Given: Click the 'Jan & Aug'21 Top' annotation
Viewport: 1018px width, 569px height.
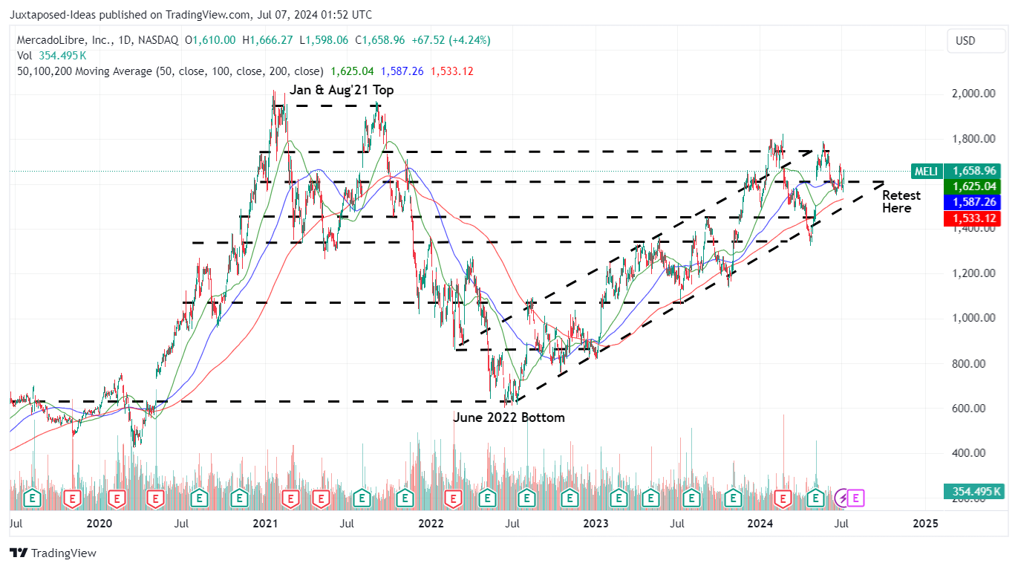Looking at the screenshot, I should pyautogui.click(x=342, y=90).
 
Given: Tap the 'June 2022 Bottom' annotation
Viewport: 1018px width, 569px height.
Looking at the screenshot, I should pyautogui.click(x=509, y=417).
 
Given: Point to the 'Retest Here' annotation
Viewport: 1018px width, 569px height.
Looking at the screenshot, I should pyautogui.click(x=901, y=202).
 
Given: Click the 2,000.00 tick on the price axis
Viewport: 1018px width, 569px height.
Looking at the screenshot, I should pyautogui.click(x=973, y=94).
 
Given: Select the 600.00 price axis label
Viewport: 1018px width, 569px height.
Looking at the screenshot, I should pyautogui.click(x=973, y=409).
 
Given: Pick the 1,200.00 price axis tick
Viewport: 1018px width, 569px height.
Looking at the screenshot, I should pyautogui.click(x=973, y=273).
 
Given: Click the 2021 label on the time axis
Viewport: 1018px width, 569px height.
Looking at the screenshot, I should pyautogui.click(x=265, y=523).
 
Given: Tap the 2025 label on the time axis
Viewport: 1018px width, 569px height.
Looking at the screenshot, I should pyautogui.click(x=924, y=523).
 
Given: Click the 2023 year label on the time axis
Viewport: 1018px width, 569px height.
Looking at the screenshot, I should pyautogui.click(x=596, y=523).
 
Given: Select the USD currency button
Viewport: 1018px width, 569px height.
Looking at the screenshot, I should pyautogui.click(x=965, y=41).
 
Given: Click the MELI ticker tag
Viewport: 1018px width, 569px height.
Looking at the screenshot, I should pyautogui.click(x=927, y=172).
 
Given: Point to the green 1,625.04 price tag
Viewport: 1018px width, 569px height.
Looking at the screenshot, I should pyautogui.click(x=973, y=186).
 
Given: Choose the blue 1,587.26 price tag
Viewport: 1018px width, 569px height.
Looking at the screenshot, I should pyautogui.click(x=973, y=202).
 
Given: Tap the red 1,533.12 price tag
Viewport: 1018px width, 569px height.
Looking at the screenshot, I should pyautogui.click(x=973, y=218).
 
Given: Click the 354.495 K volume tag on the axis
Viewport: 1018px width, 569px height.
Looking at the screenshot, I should pyautogui.click(x=973, y=492).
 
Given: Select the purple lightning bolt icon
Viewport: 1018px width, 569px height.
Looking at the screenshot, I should pyautogui.click(x=842, y=498).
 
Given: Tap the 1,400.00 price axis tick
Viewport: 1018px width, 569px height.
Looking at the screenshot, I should pyautogui.click(x=973, y=229).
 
